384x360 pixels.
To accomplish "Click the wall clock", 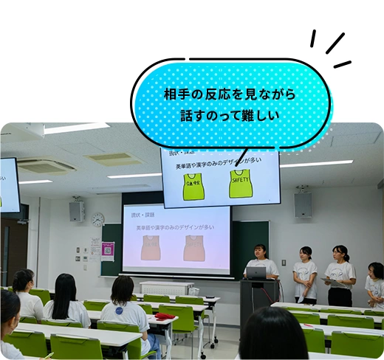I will (97, 219).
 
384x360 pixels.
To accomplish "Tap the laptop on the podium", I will (256, 272).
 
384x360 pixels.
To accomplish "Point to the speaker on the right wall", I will (303, 204).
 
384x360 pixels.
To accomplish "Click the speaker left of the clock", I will (77, 212).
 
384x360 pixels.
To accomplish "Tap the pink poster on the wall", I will (108, 251).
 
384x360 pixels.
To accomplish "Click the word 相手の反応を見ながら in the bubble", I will (229, 94).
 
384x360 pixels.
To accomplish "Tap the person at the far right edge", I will (376, 284).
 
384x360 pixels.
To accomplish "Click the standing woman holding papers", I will (339, 274).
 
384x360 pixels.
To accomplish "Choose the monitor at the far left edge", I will (10, 184).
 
